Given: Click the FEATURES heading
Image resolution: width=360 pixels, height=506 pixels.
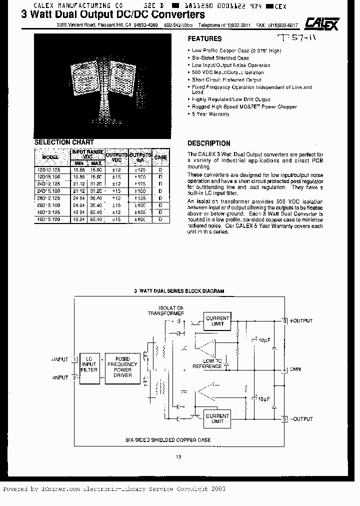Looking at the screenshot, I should point(204,38).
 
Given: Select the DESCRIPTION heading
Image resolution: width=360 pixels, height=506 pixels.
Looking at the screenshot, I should point(208,143).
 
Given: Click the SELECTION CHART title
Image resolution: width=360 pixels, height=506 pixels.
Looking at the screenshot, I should point(64,142).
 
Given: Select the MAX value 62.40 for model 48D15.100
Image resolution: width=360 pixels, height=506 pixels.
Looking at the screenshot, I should point(96,219).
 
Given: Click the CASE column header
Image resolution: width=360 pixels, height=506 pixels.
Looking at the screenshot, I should point(160,157).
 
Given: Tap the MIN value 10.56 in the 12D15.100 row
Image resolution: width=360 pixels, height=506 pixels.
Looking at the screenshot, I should point(79,177).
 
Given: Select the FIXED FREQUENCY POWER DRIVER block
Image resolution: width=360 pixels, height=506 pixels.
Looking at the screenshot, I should point(122,367).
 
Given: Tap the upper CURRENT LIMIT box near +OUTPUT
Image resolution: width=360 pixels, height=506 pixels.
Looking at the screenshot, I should point(217,321).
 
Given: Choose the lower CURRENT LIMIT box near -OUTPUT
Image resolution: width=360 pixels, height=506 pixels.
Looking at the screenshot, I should point(217,418).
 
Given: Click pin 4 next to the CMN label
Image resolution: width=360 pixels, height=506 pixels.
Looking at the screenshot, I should point(284,370).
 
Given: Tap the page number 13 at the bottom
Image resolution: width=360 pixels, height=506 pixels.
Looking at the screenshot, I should point(178,455).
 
